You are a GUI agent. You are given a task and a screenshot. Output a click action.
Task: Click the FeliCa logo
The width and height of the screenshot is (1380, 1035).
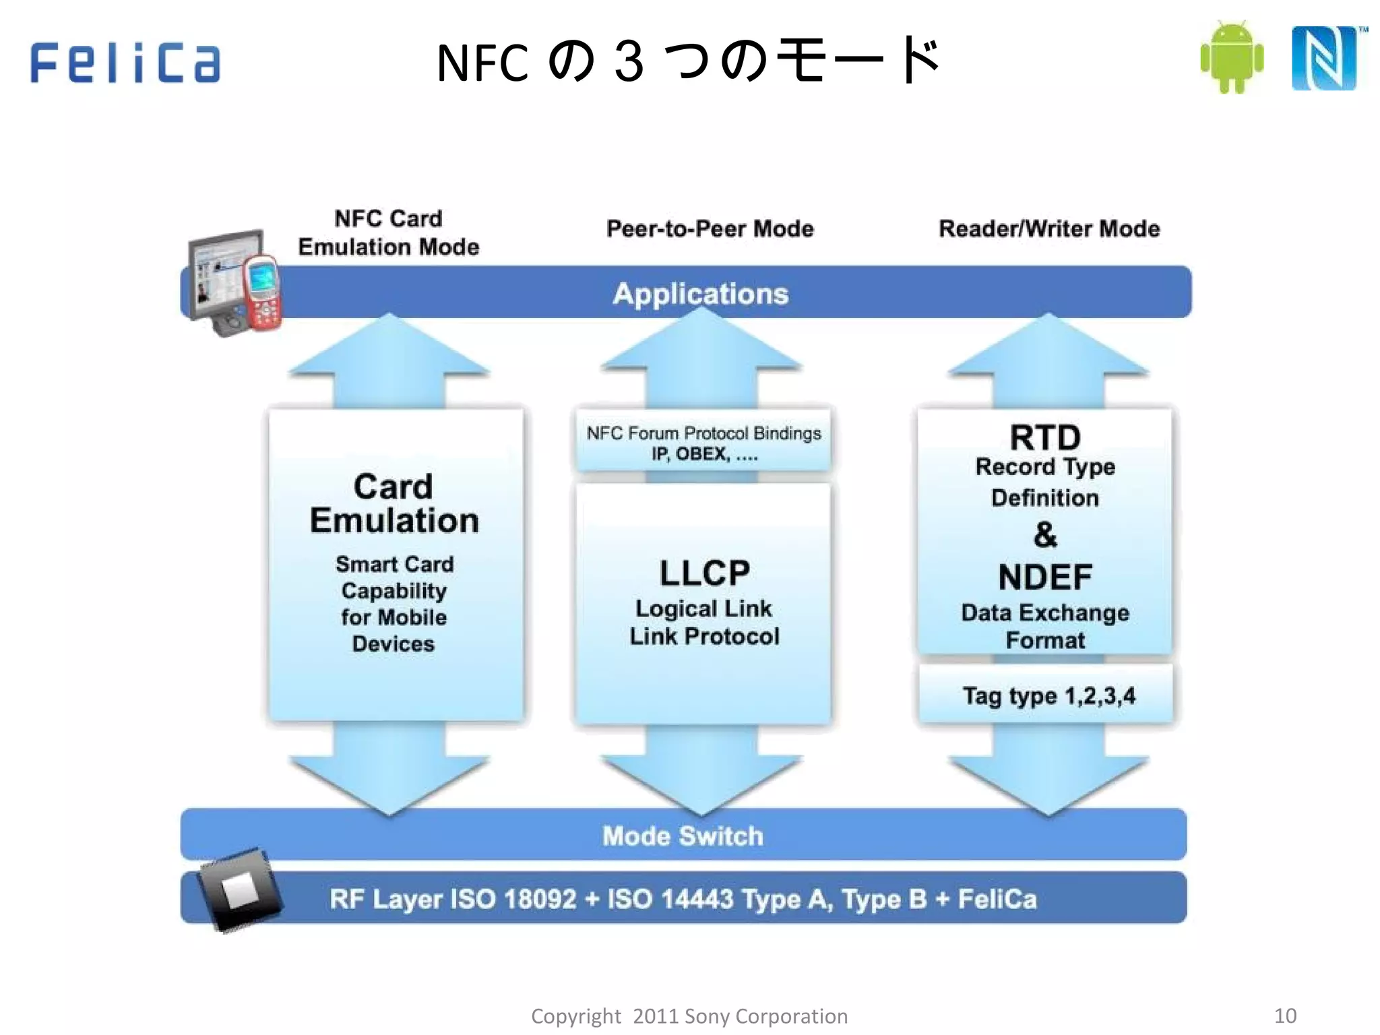(x=125, y=63)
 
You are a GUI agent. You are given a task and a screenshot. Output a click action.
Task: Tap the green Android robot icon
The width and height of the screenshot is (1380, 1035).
(x=1231, y=59)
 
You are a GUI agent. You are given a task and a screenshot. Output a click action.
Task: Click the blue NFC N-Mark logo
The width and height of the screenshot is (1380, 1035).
(x=1324, y=59)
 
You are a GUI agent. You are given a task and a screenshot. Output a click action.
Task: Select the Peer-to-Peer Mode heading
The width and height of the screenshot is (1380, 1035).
(x=710, y=229)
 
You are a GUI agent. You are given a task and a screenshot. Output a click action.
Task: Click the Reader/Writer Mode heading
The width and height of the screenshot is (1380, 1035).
(x=1049, y=229)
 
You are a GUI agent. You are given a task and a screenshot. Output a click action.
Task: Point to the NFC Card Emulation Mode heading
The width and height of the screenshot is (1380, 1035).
(x=389, y=232)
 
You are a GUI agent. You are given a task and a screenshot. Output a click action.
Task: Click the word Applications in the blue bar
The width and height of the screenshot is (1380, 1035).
(x=701, y=294)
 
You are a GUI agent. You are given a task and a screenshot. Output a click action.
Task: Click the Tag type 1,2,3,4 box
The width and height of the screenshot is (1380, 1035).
(x=1047, y=695)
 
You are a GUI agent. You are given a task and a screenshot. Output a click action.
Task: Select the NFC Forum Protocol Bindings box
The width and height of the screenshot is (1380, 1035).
(x=703, y=443)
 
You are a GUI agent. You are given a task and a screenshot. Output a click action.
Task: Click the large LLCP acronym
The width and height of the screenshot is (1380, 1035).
(x=704, y=573)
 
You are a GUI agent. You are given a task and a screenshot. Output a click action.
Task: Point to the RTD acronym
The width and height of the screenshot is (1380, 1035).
(x=1045, y=438)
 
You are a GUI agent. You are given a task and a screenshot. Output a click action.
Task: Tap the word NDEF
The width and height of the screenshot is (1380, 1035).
(x=1045, y=577)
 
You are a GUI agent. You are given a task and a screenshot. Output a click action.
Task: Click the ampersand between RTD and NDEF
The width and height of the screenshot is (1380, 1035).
(x=1045, y=535)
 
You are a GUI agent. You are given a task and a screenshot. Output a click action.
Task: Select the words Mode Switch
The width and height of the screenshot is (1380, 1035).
(x=683, y=836)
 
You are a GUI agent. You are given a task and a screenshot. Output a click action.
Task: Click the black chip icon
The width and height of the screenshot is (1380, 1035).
(x=239, y=889)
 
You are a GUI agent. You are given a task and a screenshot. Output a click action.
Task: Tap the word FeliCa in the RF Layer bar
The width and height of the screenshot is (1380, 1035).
(x=997, y=899)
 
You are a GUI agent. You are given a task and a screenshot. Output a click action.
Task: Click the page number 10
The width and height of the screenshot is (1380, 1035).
(x=1285, y=1015)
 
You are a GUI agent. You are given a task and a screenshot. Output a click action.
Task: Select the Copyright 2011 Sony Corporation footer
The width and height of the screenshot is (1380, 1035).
(x=689, y=1016)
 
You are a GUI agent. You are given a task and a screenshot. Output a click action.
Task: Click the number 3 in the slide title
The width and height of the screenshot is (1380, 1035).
(x=629, y=62)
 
